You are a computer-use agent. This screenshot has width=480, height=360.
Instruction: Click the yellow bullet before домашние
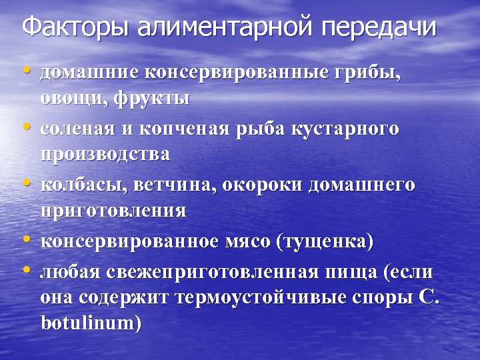(26, 71)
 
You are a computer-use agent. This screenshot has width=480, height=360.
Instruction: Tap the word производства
(105, 155)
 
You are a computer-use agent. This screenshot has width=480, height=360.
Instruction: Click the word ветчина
(169, 183)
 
